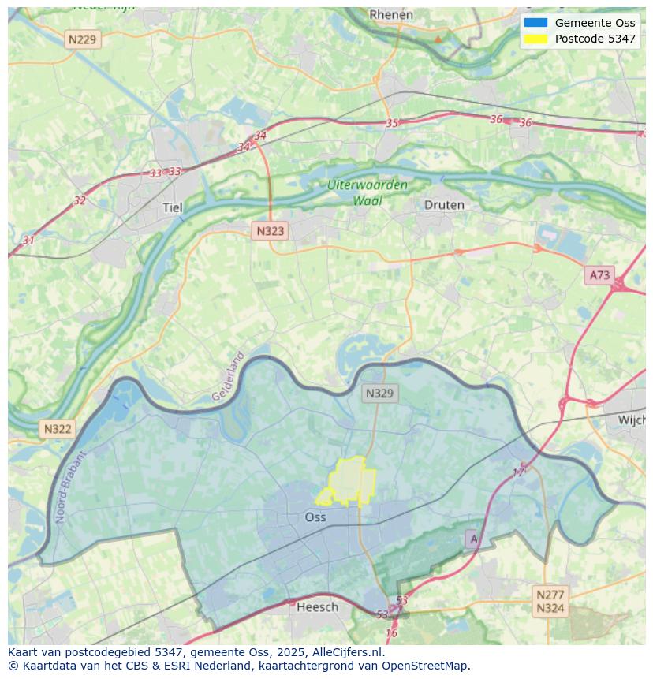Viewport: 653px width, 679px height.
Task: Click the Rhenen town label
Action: point(391,14)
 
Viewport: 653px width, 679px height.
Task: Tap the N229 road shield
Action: point(83,39)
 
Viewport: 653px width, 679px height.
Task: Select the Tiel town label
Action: point(172,207)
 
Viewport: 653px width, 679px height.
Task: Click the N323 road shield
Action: point(270,231)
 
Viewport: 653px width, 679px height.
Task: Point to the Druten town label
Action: point(444,205)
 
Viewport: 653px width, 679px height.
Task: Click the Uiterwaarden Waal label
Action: point(368,192)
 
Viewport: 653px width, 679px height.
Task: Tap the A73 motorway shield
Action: point(599,274)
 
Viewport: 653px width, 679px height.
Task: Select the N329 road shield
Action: point(380,393)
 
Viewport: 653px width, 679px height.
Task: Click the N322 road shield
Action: point(58,429)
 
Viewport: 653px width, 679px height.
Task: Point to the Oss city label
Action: point(315,517)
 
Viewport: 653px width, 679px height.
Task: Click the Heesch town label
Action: point(317,606)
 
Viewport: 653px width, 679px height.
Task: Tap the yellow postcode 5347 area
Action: point(350,480)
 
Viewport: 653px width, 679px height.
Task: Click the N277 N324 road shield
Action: point(550,601)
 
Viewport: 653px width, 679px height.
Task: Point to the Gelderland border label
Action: point(228,377)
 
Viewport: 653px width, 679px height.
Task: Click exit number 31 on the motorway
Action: point(28,240)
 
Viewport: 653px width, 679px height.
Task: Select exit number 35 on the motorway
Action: point(392,123)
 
